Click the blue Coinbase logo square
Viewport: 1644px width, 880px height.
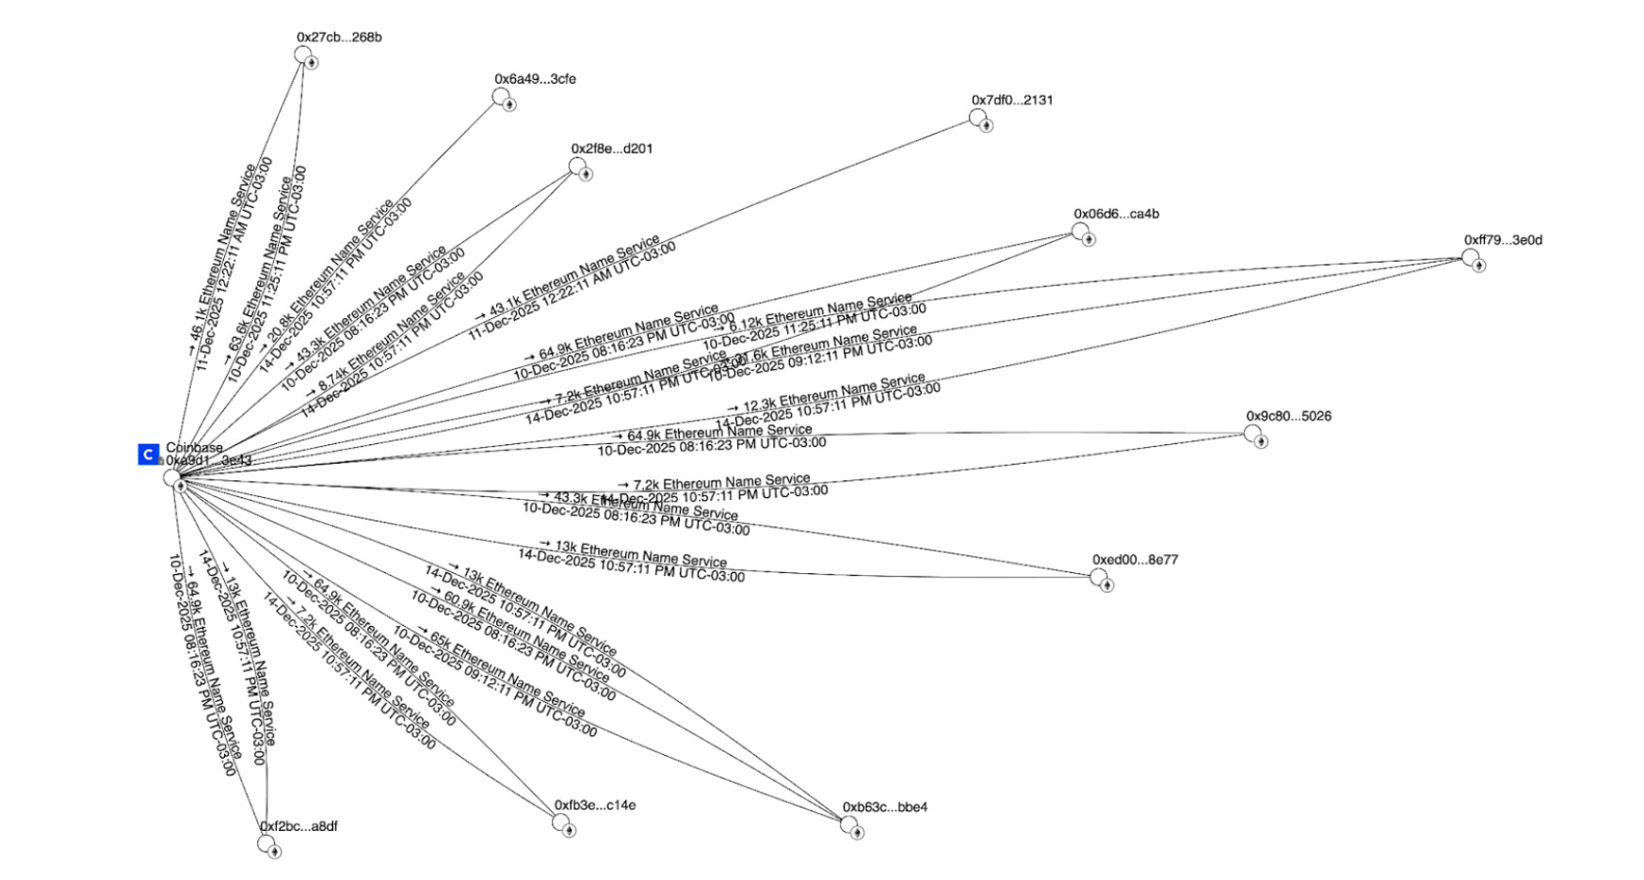pyautogui.click(x=148, y=455)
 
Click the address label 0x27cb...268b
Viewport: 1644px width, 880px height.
pyautogui.click(x=339, y=38)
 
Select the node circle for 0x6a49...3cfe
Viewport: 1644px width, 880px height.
pyautogui.click(x=500, y=97)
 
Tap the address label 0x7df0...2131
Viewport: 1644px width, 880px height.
pyautogui.click(x=1012, y=100)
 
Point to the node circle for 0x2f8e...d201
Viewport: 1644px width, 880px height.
pyautogui.click(x=577, y=167)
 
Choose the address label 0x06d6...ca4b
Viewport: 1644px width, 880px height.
pyautogui.click(x=1116, y=214)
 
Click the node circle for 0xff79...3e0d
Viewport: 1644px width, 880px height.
pyautogui.click(x=1470, y=257)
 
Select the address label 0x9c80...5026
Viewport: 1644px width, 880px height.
pyautogui.click(x=1288, y=416)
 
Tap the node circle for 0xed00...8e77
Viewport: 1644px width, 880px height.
pyautogui.click(x=1099, y=577)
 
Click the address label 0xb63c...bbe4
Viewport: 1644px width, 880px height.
pyautogui.click(x=884, y=808)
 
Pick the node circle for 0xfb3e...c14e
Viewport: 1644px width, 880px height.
pyautogui.click(x=561, y=823)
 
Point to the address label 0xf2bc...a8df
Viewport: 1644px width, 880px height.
pyautogui.click(x=298, y=826)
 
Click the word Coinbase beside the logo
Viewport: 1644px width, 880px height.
pyautogui.click(x=195, y=448)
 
